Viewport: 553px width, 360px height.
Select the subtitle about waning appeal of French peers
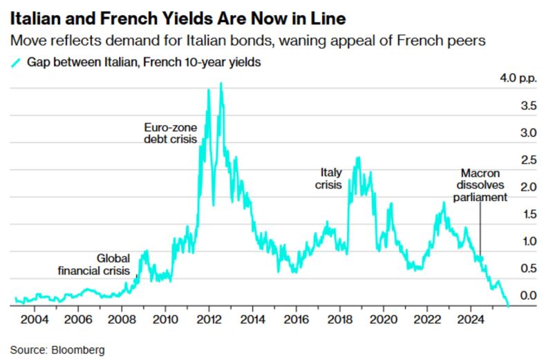pos(248,41)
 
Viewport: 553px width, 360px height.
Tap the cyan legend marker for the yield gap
pos(15,63)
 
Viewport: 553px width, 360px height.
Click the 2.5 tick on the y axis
pos(510,160)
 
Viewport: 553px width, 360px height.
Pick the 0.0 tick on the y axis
pos(510,296)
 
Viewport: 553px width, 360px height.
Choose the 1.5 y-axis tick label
pos(510,214)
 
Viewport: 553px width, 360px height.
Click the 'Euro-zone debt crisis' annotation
pos(170,133)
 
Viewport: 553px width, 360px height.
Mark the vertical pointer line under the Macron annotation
pos(480,228)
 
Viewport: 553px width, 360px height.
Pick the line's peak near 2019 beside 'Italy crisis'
pos(357,158)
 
